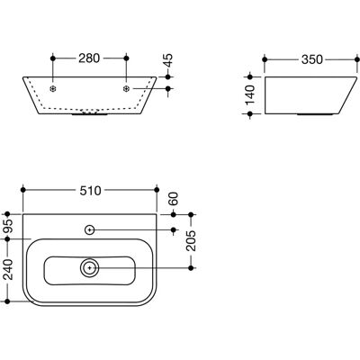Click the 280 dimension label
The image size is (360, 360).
pyautogui.click(x=89, y=58)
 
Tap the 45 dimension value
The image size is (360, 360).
pyautogui.click(x=169, y=60)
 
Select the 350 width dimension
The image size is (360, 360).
pyautogui.click(x=312, y=59)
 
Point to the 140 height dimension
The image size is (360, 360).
pyautogui.click(x=249, y=94)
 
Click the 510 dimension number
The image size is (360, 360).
pyautogui.click(x=90, y=190)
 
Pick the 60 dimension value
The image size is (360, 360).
pyautogui.click(x=174, y=199)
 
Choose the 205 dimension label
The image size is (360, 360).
pyautogui.click(x=191, y=241)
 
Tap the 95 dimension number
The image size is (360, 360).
pyautogui.click(x=8, y=227)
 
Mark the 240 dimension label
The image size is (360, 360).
pyautogui.click(x=8, y=269)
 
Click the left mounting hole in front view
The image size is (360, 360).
pyautogui.click(x=53, y=89)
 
